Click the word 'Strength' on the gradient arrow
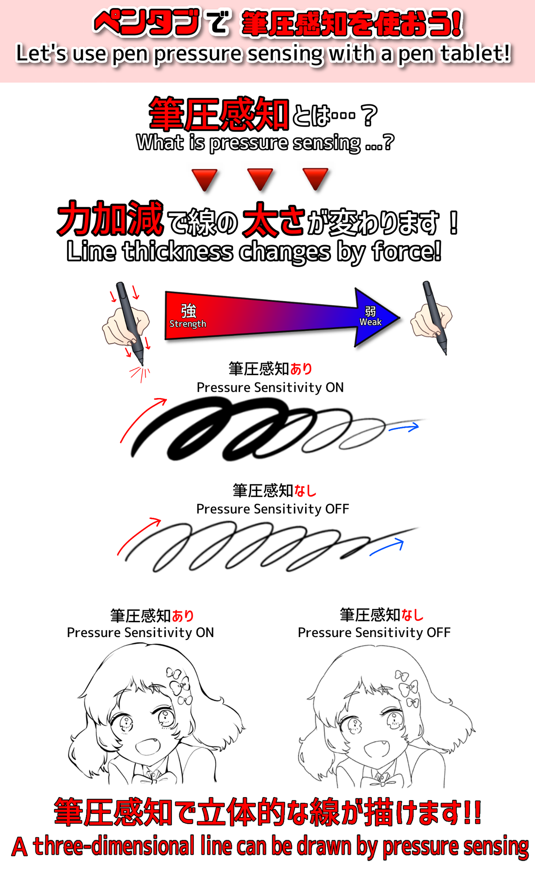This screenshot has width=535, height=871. (x=188, y=324)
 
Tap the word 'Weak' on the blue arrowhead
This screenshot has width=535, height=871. (x=371, y=322)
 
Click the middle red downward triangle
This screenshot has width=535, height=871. (x=260, y=179)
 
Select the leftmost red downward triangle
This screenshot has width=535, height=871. (x=204, y=179)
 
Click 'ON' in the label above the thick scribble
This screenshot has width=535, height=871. (x=334, y=387)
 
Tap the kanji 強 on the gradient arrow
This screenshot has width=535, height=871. (x=189, y=311)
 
